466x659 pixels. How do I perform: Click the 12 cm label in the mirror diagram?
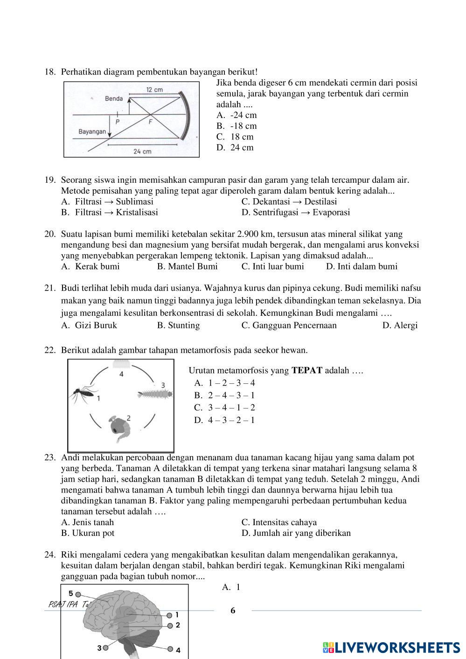coord(154,90)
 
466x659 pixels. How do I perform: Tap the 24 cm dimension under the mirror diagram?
coord(142,151)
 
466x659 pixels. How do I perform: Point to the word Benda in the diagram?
coord(114,98)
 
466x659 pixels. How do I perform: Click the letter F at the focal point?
coord(150,122)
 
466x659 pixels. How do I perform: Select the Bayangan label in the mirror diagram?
coord(92,132)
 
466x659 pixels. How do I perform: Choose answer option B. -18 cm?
coord(236,126)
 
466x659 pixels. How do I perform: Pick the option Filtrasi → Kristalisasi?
coord(110,212)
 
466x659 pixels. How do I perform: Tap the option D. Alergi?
coord(400,325)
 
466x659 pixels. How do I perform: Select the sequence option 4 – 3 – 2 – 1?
coord(225,420)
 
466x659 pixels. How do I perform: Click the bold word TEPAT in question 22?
coord(307,371)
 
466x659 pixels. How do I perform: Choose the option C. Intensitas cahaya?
coord(279,522)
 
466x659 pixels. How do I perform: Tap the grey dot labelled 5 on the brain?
coord(78,595)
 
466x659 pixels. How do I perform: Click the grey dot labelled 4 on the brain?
coord(170,649)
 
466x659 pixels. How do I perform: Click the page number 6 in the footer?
coord(233,611)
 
